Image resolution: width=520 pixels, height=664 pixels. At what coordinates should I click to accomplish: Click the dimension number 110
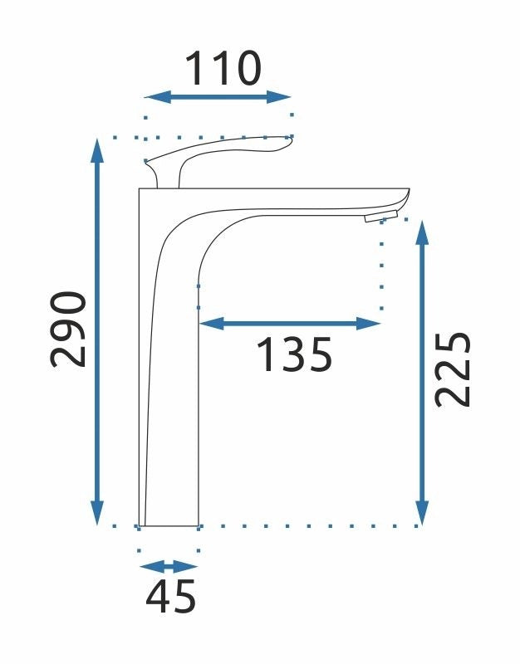click(222, 69)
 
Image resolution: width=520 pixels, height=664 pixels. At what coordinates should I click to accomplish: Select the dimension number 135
click(293, 355)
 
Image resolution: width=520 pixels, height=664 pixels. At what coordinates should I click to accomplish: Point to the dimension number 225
click(454, 369)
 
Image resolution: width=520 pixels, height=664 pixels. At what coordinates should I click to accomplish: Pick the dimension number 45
click(170, 596)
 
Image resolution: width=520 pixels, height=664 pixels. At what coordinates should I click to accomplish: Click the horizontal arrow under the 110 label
click(218, 98)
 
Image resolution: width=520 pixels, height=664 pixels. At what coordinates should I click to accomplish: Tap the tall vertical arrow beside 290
click(98, 332)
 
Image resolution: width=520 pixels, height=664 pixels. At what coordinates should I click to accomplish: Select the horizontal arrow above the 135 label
click(290, 324)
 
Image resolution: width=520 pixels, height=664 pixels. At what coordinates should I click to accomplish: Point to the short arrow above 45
click(169, 567)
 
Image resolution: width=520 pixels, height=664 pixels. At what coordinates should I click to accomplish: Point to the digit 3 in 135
click(293, 355)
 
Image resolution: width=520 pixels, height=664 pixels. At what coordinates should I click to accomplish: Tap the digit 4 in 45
click(158, 596)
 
